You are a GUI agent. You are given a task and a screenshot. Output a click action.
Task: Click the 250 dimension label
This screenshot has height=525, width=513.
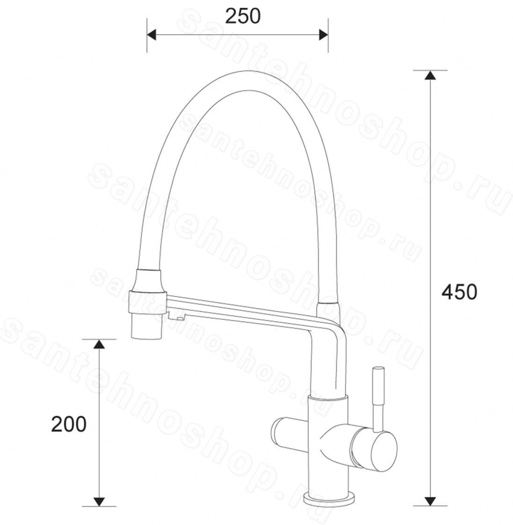point(242,16)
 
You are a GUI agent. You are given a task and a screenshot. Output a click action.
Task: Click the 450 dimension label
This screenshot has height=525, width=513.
point(459,292)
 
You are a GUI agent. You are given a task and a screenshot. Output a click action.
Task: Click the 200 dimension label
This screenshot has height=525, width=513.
point(69,424)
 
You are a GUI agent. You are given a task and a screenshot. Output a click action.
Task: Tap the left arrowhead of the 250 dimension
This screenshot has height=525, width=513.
point(152,35)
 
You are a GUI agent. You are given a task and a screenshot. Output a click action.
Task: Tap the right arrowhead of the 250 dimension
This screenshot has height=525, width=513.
point(324,35)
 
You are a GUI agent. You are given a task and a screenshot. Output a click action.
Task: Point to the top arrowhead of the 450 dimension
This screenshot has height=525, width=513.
point(430,75)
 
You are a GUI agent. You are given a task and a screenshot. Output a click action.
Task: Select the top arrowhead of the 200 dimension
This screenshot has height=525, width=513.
point(98,344)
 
